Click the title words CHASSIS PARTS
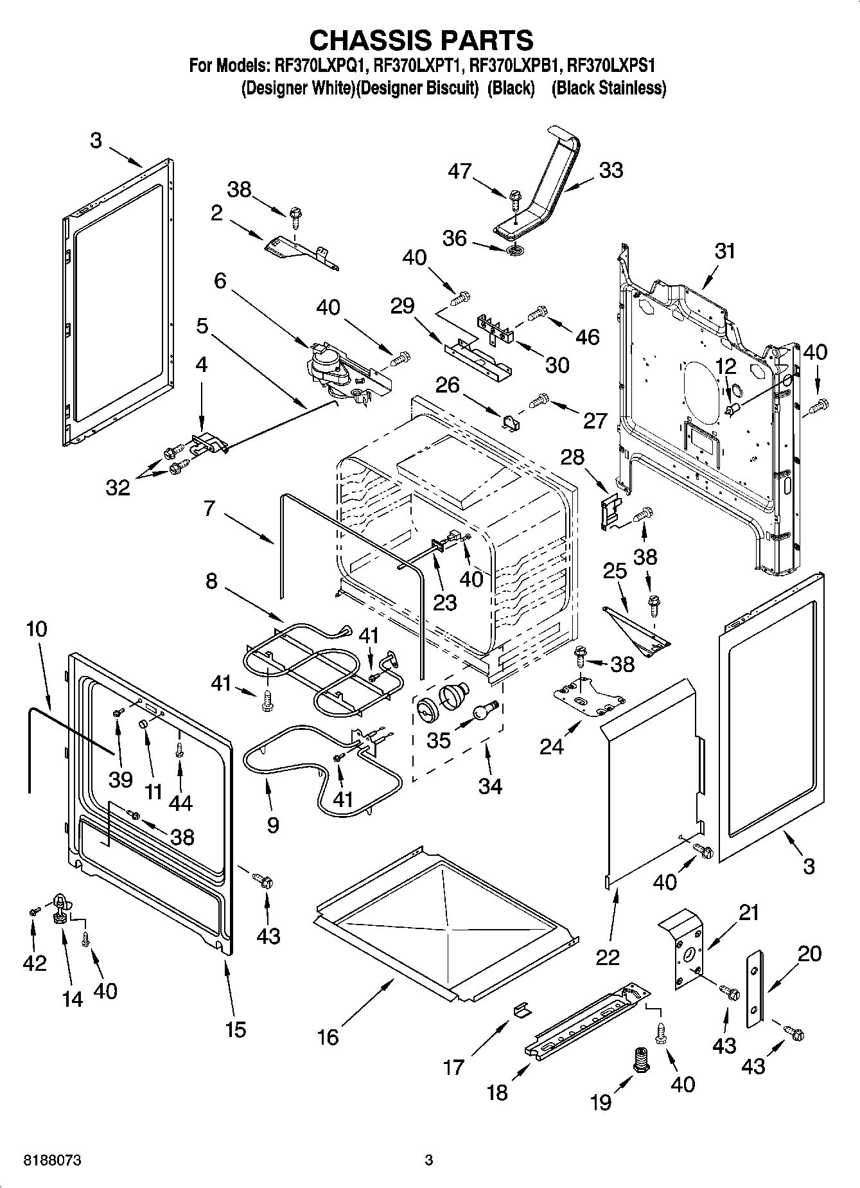(x=421, y=40)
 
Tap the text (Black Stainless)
(x=608, y=88)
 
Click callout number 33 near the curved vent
(x=611, y=171)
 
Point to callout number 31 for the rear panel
(x=724, y=251)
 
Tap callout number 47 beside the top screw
(x=461, y=171)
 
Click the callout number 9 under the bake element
(x=272, y=825)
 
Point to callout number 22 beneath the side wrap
(x=608, y=957)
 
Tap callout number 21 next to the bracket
(x=748, y=912)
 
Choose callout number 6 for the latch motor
(x=220, y=281)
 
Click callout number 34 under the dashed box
(x=490, y=785)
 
